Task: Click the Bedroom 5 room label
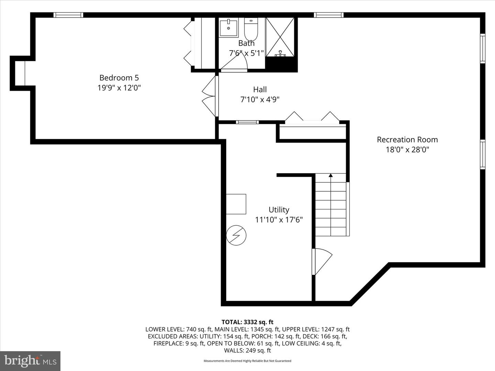(x=119, y=78)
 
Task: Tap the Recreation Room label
(x=407, y=139)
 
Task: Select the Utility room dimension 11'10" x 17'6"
(x=279, y=220)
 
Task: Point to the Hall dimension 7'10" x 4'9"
(x=260, y=100)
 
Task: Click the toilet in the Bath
(x=251, y=30)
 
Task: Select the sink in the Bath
(x=229, y=27)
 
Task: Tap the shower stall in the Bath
(x=280, y=37)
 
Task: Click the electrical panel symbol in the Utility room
(x=236, y=235)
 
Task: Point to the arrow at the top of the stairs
(x=331, y=176)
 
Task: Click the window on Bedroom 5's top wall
(x=68, y=15)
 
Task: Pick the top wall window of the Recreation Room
(x=329, y=15)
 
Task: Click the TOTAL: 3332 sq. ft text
(x=247, y=322)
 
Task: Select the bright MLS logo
(x=30, y=361)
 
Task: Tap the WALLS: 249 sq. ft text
(x=247, y=350)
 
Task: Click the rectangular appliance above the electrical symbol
(x=236, y=204)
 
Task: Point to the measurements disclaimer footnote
(x=247, y=361)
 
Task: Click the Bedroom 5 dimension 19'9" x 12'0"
(x=119, y=88)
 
